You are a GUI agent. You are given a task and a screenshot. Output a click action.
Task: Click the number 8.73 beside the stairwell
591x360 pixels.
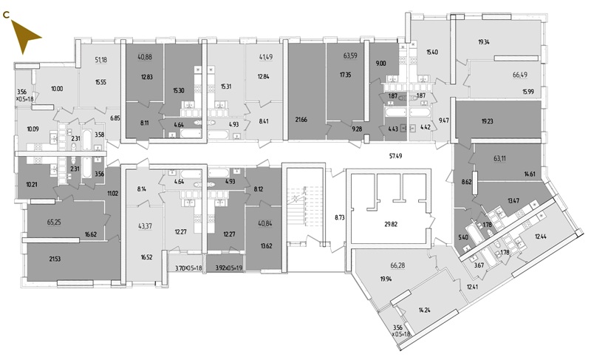(x=340, y=217)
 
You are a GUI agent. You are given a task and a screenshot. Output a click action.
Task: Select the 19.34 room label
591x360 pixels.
(x=487, y=42)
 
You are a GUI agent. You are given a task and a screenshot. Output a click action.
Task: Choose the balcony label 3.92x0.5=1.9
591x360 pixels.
(x=228, y=268)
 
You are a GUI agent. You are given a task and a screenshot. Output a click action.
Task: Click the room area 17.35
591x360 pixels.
(x=346, y=75)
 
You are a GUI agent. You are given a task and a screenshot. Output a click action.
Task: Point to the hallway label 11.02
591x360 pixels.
(x=112, y=194)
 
